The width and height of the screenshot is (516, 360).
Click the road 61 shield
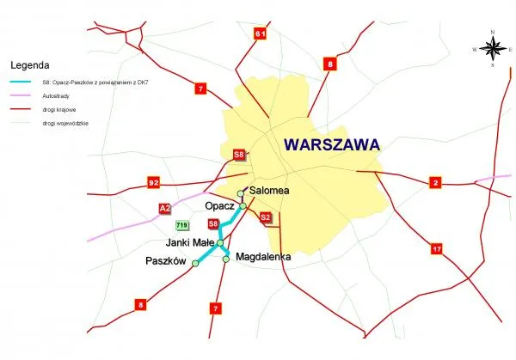[x=260, y=34]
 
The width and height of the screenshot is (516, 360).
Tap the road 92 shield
[x=154, y=183]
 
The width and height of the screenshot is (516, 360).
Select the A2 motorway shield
[x=164, y=208]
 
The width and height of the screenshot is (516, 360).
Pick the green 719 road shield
[x=181, y=226]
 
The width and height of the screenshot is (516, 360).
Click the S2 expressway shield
[x=266, y=217]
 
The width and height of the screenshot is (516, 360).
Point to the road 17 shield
[x=437, y=249]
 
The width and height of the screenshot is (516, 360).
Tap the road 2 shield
[x=435, y=182]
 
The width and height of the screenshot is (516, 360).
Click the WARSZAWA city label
[x=331, y=146]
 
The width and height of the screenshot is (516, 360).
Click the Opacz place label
[x=220, y=206]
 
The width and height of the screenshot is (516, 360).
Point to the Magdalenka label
[x=263, y=256]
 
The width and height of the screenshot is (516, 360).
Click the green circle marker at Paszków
[x=195, y=264]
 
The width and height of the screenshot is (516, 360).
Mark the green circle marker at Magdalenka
[x=227, y=259]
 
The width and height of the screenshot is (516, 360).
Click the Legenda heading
[x=30, y=64]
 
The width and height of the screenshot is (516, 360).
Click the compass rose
[x=493, y=49]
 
